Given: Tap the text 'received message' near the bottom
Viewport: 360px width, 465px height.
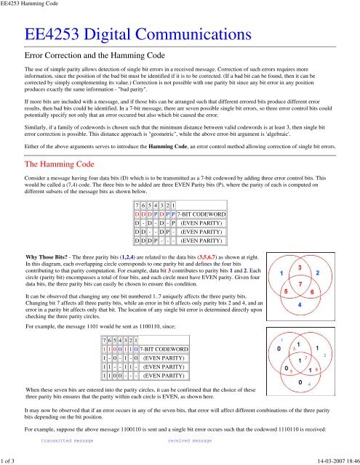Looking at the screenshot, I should pyautogui.click(x=194, y=440).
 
